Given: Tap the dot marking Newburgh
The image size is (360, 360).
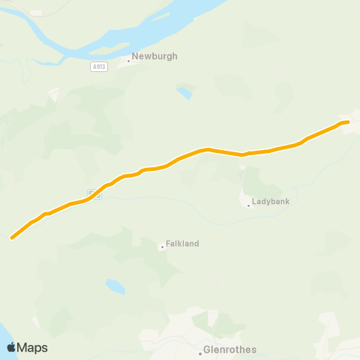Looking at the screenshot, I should (x=128, y=61).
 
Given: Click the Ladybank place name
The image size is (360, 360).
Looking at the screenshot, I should (x=271, y=202).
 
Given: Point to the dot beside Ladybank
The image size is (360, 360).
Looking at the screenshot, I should (x=248, y=205).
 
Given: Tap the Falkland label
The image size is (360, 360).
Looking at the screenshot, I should (x=183, y=244).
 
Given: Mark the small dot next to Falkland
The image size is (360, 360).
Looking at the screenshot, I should (x=161, y=247).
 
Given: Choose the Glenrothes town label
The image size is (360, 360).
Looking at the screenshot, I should (x=230, y=349).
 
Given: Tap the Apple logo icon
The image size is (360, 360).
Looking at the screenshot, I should (x=11, y=347).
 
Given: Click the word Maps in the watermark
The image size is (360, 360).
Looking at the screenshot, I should (x=33, y=347).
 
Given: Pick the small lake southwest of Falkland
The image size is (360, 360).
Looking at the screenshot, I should (x=115, y=286).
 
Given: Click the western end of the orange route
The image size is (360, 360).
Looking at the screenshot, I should (x=13, y=238).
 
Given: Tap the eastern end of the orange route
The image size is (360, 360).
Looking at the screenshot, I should (x=347, y=121).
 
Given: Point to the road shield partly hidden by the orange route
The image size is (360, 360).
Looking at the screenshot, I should (x=94, y=193).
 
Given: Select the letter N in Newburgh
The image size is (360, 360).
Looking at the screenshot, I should (x=135, y=56).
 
